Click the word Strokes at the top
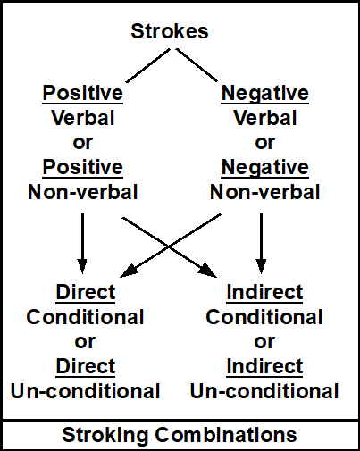170,32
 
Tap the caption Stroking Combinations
179,435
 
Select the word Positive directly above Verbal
83,94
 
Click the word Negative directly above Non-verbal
264,167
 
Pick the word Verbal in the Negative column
264,118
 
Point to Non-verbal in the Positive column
83,191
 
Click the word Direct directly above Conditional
85,292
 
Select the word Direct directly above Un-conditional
85,366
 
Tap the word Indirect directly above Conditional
264,292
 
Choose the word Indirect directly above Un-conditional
264,366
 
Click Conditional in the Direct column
85,317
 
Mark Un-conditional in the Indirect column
264,390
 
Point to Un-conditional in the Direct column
85,390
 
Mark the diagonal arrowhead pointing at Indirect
211,269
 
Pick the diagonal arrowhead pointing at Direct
129,269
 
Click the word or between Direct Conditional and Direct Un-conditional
85,341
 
